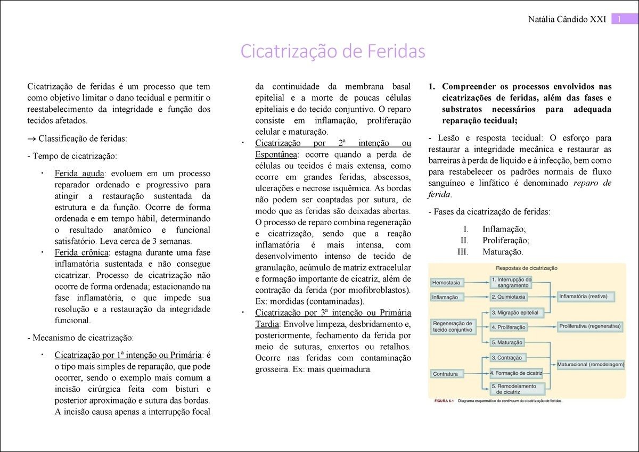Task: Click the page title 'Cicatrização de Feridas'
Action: [333, 51]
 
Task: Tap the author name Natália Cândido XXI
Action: [567, 20]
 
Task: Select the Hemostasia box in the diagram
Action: [447, 282]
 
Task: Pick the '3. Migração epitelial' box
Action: [514, 313]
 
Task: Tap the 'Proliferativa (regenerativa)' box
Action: [589, 326]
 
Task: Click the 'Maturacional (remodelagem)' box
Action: [591, 365]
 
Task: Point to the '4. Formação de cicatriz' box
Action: [516, 373]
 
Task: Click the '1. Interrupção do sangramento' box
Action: [511, 282]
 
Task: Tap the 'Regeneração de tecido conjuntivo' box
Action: [452, 326]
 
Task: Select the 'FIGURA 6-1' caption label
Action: [443, 401]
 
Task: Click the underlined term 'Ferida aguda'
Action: [79, 174]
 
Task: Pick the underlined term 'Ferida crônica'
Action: [81, 252]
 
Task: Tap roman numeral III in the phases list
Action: [463, 252]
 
